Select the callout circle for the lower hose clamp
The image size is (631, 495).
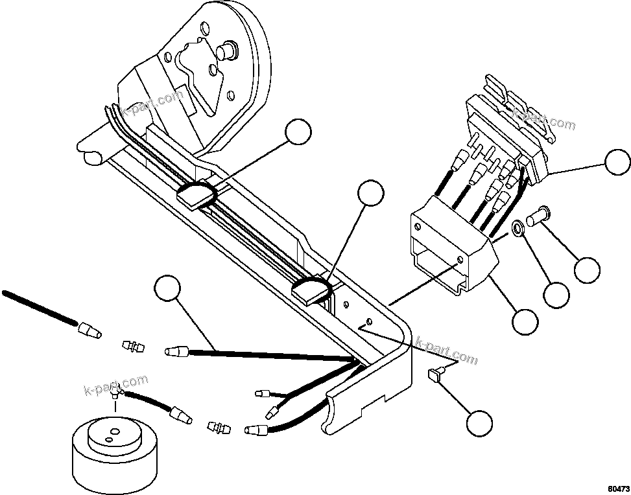point(371,193)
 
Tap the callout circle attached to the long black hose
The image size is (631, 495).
point(169,288)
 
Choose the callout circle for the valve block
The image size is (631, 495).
point(617,162)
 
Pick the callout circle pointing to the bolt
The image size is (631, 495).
point(588,270)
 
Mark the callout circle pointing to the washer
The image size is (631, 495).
point(556,295)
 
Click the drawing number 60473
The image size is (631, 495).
point(617,485)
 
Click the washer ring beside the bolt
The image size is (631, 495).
point(519,228)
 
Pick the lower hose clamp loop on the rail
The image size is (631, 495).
point(310,290)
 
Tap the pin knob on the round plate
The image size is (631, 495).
point(227,49)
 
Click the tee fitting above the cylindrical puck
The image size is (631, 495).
point(117,391)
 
